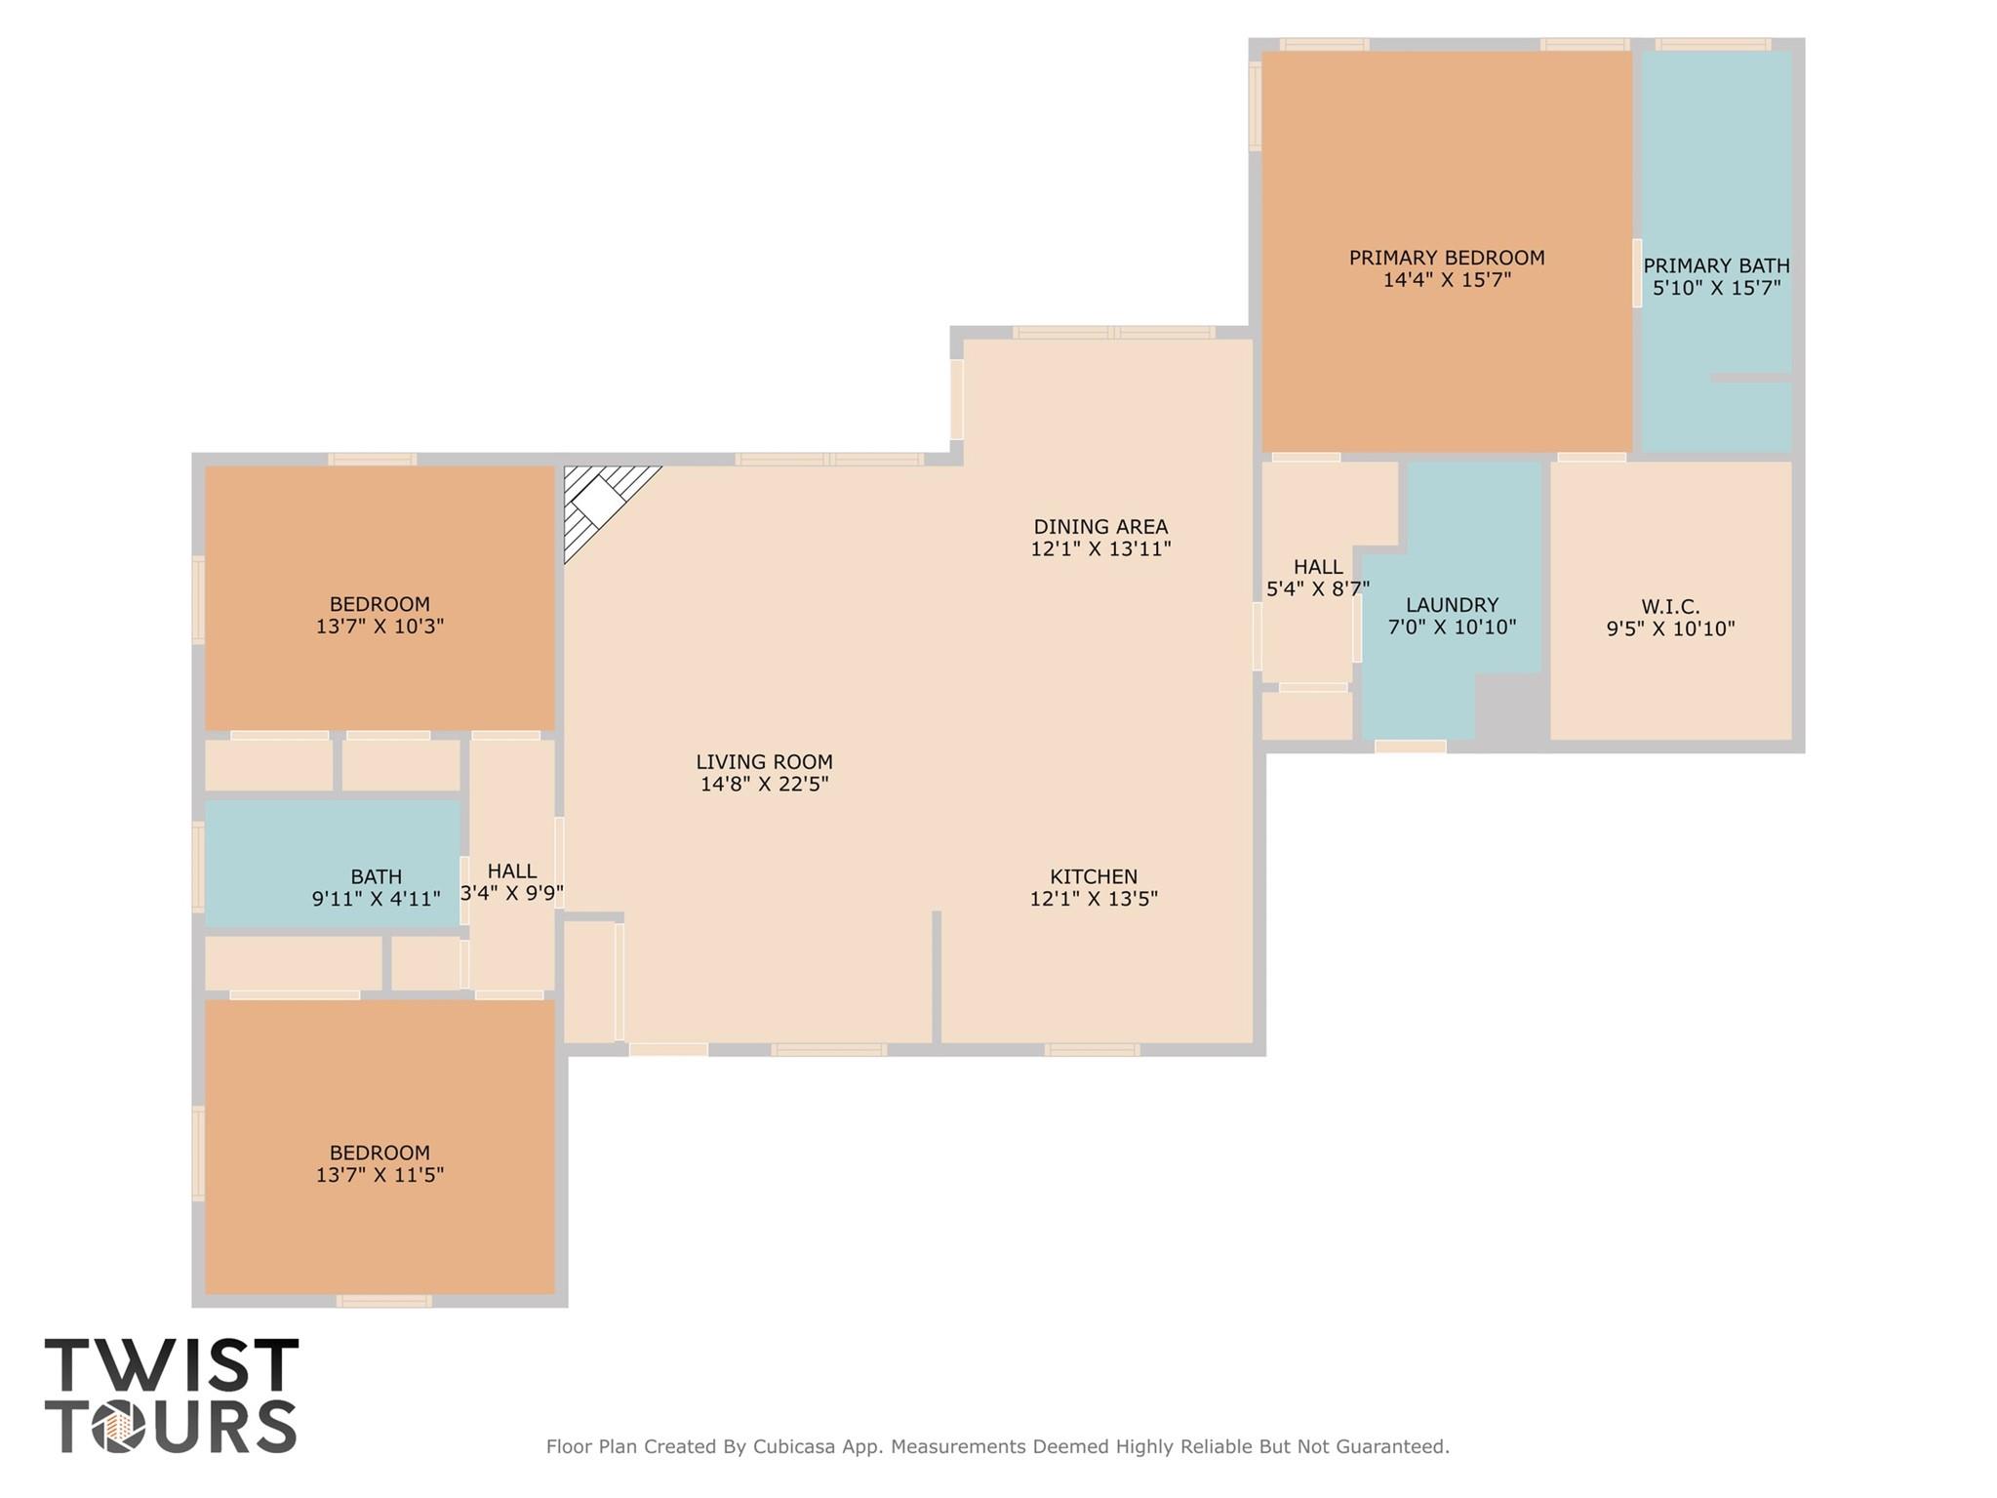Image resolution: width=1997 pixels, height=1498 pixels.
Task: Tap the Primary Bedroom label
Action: pos(1446,258)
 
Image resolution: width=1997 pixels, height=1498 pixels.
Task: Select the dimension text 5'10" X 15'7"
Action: pos(1716,288)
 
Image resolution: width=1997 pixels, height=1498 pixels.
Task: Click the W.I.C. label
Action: pos(1670,607)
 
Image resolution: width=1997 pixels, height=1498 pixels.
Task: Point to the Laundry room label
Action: pos(1452,605)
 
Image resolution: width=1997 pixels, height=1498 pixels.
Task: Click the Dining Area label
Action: pos(1100,527)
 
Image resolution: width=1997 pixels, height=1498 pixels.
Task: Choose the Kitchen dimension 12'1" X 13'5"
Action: pos(1094,899)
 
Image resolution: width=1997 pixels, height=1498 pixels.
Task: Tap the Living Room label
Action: pos(764,761)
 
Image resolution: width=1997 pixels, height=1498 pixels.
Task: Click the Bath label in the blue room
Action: pos(376,876)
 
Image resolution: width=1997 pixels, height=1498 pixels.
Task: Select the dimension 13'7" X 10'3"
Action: pos(379,627)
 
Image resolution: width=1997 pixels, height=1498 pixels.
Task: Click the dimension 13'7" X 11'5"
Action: pos(379,1175)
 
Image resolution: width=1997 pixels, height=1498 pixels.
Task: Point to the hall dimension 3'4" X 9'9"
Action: pos(511,893)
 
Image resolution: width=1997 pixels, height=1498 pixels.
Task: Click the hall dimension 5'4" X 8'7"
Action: pos(1317,588)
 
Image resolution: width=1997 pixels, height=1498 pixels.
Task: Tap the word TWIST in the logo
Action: pos(172,1365)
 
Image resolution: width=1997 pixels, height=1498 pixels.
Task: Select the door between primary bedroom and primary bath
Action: pos(1637,273)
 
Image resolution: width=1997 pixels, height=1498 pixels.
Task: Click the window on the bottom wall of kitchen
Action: pos(1092,1050)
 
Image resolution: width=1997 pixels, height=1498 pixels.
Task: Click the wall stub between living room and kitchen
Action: pos(937,976)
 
